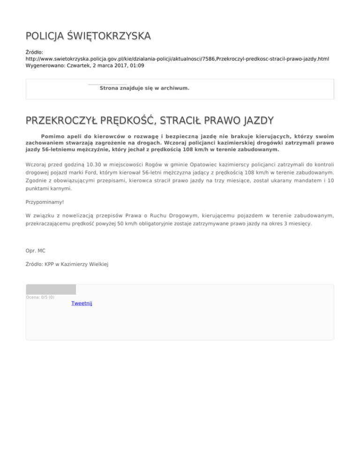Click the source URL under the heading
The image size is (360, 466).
(x=177, y=59)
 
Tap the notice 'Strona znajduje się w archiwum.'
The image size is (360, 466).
(x=144, y=88)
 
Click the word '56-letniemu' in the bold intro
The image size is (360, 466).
(x=45, y=150)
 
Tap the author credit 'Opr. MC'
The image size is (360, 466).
(x=36, y=251)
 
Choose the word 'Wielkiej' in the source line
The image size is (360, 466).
(x=97, y=264)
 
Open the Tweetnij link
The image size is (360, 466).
(x=82, y=303)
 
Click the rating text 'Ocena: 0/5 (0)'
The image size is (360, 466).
(x=40, y=297)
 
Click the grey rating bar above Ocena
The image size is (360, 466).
(x=51, y=289)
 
